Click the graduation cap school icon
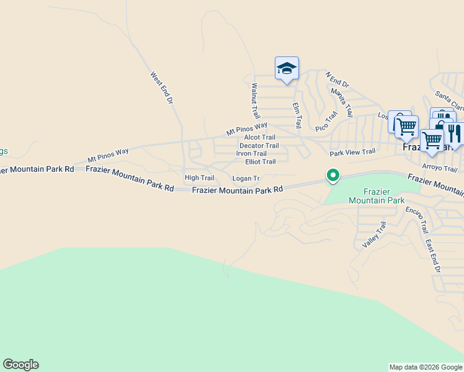[287, 68]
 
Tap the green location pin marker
[333, 176]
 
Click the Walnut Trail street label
[255, 101]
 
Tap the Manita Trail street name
[342, 102]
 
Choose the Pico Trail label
[326, 121]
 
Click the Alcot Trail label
[259, 138]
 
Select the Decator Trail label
[259, 146]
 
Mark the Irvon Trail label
[251, 154]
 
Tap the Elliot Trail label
[261, 162]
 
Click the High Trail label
[199, 178]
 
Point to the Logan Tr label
[246, 179]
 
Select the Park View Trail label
[352, 152]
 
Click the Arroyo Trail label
[439, 168]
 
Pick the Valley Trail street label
[374, 235]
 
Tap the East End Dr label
[433, 254]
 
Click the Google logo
[20, 365]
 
